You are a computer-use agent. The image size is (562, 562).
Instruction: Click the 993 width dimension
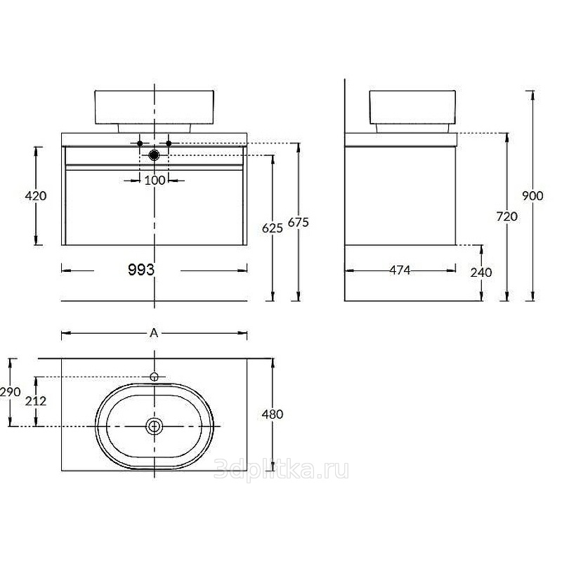pyautogui.click(x=141, y=270)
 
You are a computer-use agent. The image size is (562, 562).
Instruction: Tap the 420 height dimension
pyautogui.click(x=36, y=196)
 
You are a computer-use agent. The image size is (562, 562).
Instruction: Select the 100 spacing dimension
pyautogui.click(x=155, y=181)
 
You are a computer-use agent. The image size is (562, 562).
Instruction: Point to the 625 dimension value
pyautogui.click(x=273, y=228)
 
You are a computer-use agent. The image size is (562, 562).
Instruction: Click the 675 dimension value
pyautogui.click(x=298, y=223)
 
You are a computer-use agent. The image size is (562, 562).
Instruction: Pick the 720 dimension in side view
pyautogui.click(x=507, y=216)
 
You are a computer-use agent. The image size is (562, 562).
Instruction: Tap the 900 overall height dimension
pyautogui.click(x=532, y=196)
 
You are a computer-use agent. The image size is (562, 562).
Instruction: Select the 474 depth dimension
pyautogui.click(x=400, y=270)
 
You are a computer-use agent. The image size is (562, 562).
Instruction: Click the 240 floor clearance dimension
pyautogui.click(x=481, y=273)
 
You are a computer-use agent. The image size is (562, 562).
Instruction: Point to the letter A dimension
pyautogui.click(x=154, y=333)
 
